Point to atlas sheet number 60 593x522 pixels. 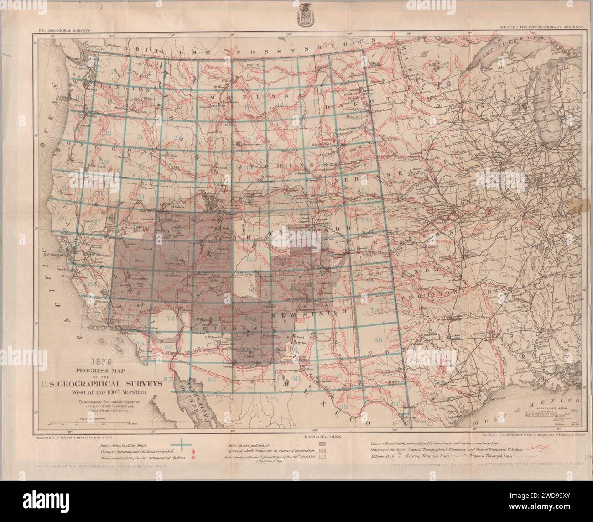[x=250, y=259]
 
